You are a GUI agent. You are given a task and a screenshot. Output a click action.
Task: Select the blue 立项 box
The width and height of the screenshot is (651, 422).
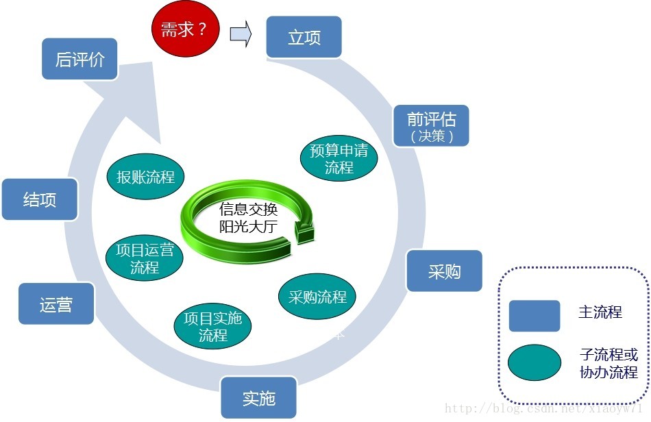(x=304, y=37)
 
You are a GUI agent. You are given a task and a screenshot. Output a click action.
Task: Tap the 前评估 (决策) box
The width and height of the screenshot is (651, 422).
(x=431, y=125)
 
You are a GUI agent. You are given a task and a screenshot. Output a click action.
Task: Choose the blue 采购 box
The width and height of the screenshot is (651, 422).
(x=444, y=271)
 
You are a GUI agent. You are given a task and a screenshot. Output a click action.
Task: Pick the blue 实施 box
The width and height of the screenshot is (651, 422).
(x=258, y=398)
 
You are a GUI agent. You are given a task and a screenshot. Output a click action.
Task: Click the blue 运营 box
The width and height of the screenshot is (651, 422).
(x=56, y=303)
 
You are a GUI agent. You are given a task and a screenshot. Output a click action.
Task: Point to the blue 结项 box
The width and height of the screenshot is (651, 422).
(x=39, y=200)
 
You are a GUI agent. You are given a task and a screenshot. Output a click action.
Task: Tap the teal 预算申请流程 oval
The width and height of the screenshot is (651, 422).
(x=339, y=158)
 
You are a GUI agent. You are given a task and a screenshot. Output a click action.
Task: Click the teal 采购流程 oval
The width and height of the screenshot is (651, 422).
(x=317, y=297)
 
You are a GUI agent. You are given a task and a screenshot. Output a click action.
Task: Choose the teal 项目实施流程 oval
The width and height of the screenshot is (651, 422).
(x=212, y=327)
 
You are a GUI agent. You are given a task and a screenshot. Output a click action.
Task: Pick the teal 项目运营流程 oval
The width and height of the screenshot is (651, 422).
(x=145, y=258)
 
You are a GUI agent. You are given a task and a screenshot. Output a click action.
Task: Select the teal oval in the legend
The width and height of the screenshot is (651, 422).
(x=535, y=362)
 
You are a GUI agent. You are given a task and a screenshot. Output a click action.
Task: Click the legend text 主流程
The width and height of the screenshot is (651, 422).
(x=600, y=312)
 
